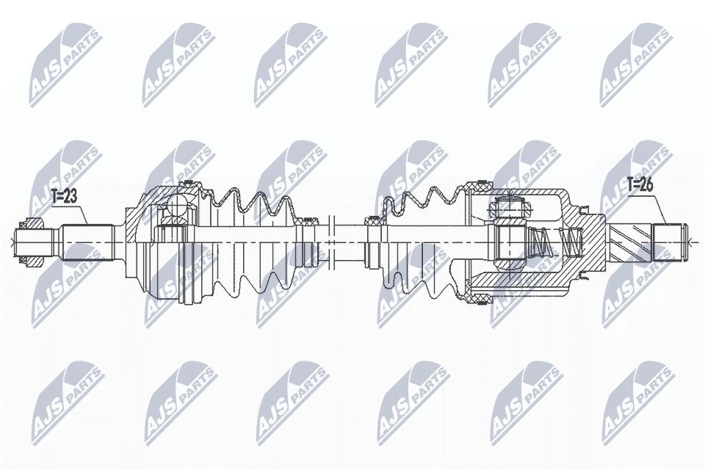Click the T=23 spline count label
(x=65, y=195)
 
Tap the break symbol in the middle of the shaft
(x=333, y=239)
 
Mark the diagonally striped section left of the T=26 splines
(x=630, y=239)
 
